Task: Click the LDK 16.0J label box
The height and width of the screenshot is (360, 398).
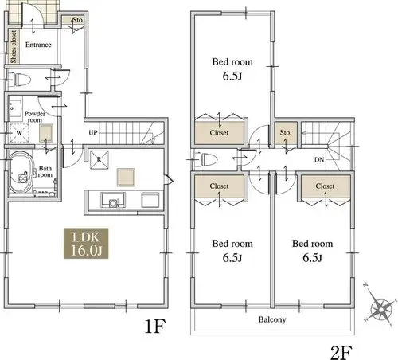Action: pyautogui.click(x=86, y=244)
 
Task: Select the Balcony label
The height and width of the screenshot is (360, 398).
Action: pyautogui.click(x=272, y=319)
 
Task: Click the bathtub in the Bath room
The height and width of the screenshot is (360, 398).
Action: pyautogui.click(x=21, y=171)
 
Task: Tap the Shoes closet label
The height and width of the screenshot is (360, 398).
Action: pyautogui.click(x=14, y=46)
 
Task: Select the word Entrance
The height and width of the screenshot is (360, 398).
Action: pyautogui.click(x=38, y=45)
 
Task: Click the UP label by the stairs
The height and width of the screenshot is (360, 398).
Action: pyautogui.click(x=93, y=132)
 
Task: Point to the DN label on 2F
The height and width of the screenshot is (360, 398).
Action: pyautogui.click(x=319, y=160)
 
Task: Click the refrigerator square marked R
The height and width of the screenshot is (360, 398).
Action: pyautogui.click(x=99, y=159)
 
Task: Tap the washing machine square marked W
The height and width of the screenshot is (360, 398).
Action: pyautogui.click(x=19, y=133)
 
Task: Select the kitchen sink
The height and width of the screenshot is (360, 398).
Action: pyautogui.click(x=113, y=200)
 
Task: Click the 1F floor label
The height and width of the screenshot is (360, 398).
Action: pyautogui.click(x=155, y=327)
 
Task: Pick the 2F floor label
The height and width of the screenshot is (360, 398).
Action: pyautogui.click(x=341, y=352)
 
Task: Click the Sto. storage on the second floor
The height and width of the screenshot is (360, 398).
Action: pyautogui.click(x=286, y=133)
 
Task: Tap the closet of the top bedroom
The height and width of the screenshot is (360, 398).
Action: pyautogui.click(x=219, y=132)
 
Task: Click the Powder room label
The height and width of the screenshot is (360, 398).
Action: pyautogui.click(x=35, y=117)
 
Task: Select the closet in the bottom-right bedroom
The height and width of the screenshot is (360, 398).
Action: pyautogui.click(x=326, y=186)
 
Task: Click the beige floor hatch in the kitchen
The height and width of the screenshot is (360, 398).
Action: pyautogui.click(x=126, y=178)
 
